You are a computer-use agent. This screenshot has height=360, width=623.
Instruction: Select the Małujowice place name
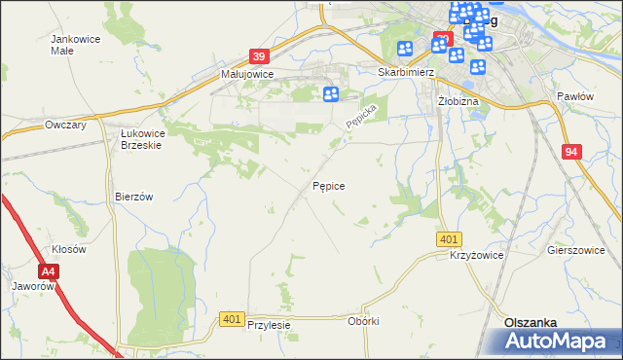(247, 73)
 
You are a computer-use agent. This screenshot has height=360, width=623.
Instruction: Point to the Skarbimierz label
(404, 72)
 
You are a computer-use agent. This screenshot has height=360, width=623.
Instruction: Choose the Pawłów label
(574, 96)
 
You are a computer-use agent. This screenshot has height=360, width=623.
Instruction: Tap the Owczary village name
(66, 125)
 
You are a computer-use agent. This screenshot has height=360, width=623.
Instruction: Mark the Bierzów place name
(134, 196)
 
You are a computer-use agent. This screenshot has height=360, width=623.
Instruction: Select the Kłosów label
(70, 249)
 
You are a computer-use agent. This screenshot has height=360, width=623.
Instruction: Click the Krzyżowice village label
(476, 254)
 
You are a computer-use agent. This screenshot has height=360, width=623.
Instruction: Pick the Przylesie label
(270, 325)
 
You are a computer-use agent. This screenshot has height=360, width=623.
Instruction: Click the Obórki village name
(362, 321)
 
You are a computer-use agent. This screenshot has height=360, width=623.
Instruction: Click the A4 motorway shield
(49, 271)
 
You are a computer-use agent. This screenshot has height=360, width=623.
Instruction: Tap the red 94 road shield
(572, 152)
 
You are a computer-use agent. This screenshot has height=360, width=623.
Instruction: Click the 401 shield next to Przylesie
(232, 318)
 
